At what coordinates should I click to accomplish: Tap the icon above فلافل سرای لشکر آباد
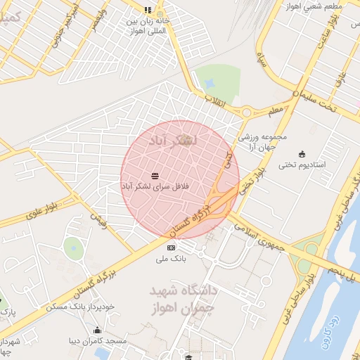pos(155,175)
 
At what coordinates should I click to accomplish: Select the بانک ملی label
pos(172,259)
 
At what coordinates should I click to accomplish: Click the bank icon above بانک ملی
pos(171,248)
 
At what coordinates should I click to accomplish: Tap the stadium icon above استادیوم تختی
pos(302,154)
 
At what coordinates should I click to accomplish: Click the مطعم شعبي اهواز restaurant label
pos(314,6)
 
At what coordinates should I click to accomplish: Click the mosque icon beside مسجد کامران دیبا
pos(97,330)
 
